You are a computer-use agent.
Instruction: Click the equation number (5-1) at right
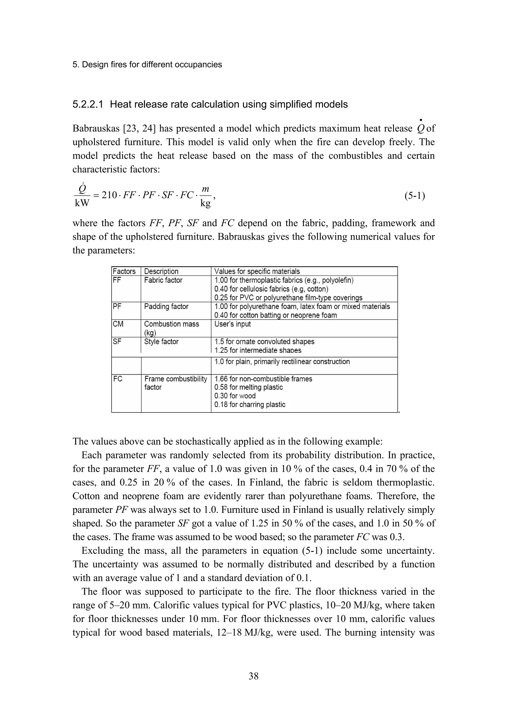coord(414,196)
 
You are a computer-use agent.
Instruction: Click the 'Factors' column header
coord(124,272)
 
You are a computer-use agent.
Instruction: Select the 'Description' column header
coord(161,272)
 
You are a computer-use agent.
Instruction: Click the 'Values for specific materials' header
coord(257,272)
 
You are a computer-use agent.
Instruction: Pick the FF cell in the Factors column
coord(117,280)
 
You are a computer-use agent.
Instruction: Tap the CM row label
coord(118,324)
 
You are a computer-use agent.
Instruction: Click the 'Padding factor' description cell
coord(166,306)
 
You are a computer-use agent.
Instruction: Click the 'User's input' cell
coord(232,324)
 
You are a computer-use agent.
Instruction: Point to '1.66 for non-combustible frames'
coord(263,379)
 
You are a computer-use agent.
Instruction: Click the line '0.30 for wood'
coord(235,396)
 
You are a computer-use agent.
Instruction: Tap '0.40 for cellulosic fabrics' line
coord(271,289)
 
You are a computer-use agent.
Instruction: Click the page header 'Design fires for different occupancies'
coord(147,65)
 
